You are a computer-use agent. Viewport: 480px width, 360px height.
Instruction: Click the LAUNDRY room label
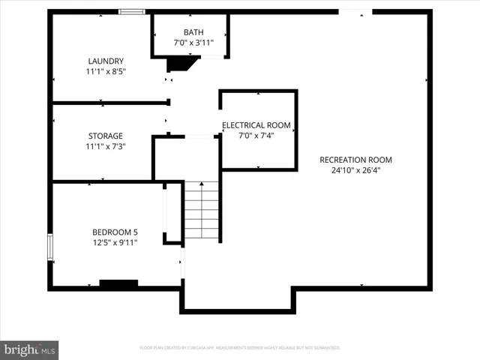pyautogui.click(x=105, y=61)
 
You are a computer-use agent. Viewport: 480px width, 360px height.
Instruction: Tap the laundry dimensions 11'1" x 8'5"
pyautogui.click(x=105, y=71)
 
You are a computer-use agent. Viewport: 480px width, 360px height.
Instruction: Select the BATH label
pyautogui.click(x=193, y=31)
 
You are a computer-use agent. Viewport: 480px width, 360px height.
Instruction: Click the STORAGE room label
pyautogui.click(x=105, y=136)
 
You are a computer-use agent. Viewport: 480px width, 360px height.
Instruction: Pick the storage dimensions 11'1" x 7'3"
pyautogui.click(x=105, y=146)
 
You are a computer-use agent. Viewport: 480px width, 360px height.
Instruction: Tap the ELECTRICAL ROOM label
pyautogui.click(x=256, y=125)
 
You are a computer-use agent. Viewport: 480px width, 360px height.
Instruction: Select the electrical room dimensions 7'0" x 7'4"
pyautogui.click(x=256, y=136)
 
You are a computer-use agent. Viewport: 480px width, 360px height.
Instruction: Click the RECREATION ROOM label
pyautogui.click(x=355, y=160)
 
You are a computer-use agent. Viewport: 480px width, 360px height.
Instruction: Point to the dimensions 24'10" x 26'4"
pyautogui.click(x=355, y=170)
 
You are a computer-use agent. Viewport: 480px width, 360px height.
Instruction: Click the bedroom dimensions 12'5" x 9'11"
pyautogui.click(x=115, y=242)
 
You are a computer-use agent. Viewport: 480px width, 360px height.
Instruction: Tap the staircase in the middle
pyautogui.click(x=201, y=211)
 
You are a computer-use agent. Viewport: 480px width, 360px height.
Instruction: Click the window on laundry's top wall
pyautogui.click(x=133, y=11)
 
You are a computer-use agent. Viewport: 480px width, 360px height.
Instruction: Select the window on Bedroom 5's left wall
pyautogui.click(x=50, y=247)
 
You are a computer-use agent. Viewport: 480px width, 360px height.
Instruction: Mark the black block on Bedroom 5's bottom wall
pyautogui.click(x=118, y=283)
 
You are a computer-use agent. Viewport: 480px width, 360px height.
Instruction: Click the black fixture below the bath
pyautogui.click(x=180, y=65)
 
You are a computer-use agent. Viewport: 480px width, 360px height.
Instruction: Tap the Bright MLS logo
pyautogui.click(x=29, y=349)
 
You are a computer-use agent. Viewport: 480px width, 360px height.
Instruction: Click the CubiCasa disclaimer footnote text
pyautogui.click(x=240, y=348)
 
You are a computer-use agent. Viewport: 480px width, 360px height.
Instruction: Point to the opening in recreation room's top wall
pyautogui.click(x=355, y=11)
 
